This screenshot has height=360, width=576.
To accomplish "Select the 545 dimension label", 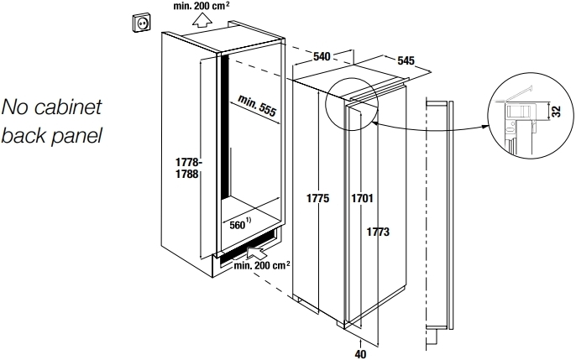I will pos(406,61).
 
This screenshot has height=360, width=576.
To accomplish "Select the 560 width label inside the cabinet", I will pos(242,226).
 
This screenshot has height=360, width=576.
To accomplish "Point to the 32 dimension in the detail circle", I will pos(557,112).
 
